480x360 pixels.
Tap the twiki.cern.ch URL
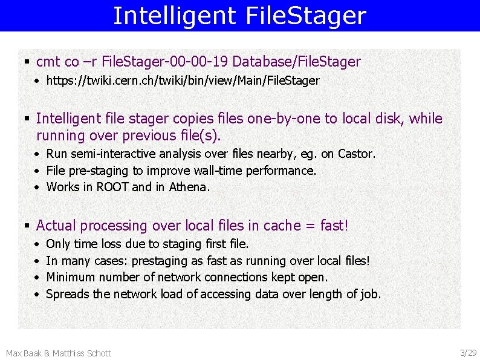coord(183,80)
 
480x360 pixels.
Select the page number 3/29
coord(468,353)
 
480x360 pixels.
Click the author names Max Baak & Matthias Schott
coord(59,353)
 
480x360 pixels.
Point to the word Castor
coord(357,154)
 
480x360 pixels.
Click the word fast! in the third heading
coord(334,226)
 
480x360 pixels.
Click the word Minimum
coord(70,278)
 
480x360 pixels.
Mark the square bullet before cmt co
coord(27,62)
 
